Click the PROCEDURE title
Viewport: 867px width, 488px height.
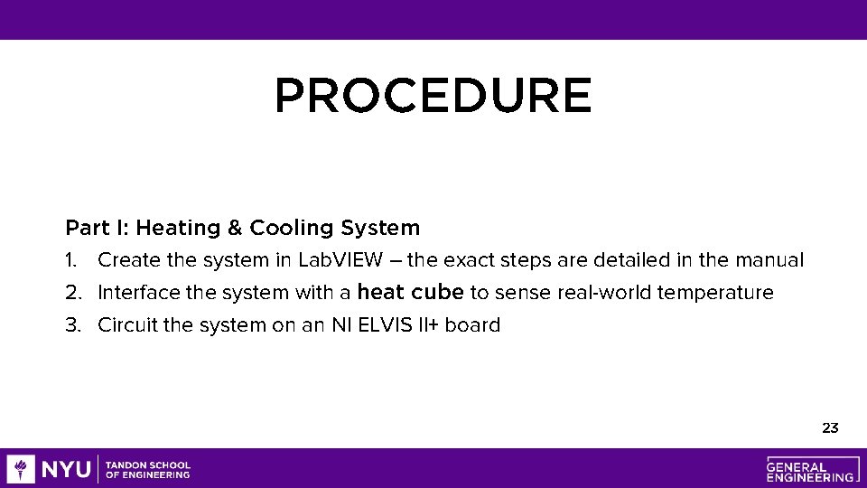point(433,96)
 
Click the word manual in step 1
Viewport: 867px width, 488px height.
point(769,260)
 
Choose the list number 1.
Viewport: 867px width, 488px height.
point(70,260)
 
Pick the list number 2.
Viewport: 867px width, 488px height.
point(72,293)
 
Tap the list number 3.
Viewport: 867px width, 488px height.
point(72,325)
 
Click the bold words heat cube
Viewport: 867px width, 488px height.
point(410,292)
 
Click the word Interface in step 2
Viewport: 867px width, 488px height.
point(135,293)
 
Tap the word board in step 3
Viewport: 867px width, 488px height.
point(472,325)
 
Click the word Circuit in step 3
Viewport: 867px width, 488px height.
point(127,325)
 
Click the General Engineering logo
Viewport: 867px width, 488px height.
point(810,468)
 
